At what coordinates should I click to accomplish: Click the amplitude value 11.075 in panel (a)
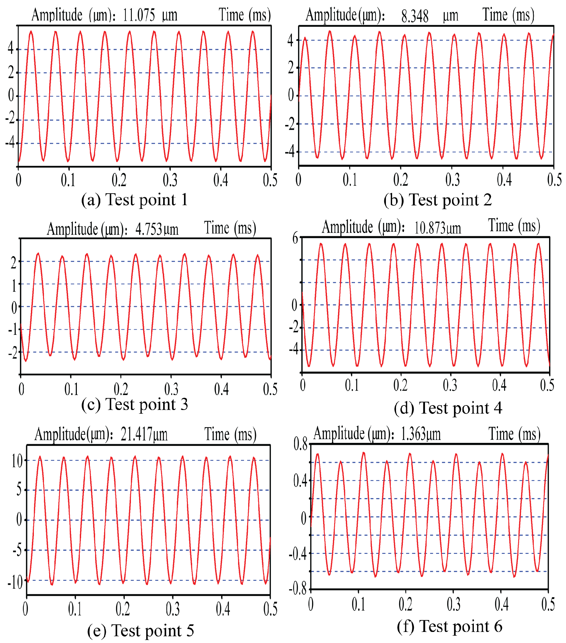pos(139,16)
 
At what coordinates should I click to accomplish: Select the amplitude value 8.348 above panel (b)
pos(415,16)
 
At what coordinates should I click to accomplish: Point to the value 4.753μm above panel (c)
pos(157,229)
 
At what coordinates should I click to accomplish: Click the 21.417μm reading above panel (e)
pos(144,434)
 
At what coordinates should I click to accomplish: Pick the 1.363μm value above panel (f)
pos(420,434)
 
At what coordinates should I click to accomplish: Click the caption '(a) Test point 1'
pos(134,199)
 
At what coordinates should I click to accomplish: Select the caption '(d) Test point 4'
pos(448,408)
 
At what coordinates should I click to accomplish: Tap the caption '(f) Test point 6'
pos(449,626)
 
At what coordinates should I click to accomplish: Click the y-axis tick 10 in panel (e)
pos(17,461)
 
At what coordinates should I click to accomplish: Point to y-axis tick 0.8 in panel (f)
pos(300,444)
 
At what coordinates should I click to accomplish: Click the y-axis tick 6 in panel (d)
pos(295,238)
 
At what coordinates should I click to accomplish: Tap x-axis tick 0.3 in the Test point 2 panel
pos(452,180)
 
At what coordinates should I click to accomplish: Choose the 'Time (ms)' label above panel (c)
pos(230,228)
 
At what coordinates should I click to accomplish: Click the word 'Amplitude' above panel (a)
pos(57,15)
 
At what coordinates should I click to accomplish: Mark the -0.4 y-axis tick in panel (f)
pos(297,554)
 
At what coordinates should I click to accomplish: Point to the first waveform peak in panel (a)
pos(31,32)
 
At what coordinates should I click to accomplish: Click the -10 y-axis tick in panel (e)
pos(15,582)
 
